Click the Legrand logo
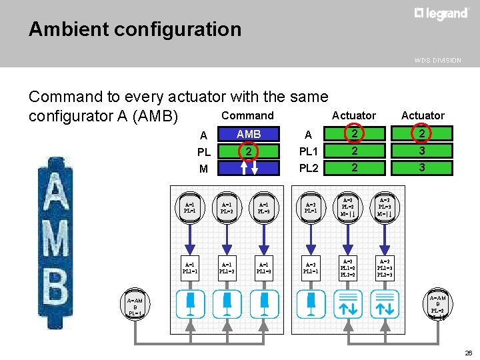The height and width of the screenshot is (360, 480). tap(441, 14)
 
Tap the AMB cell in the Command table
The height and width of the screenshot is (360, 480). tap(248, 134)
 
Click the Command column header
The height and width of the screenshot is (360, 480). tap(247, 115)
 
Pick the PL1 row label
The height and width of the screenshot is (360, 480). tap(309, 151)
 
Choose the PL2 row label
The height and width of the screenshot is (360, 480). tap(309, 168)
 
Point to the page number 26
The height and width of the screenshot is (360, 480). tap(469, 353)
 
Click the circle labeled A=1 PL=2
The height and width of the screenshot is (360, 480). tap(227, 208)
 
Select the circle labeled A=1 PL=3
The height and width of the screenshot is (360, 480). tap(265, 208)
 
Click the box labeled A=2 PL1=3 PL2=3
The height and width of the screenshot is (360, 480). tap(385, 267)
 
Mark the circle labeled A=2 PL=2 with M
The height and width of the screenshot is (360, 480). tap(347, 207)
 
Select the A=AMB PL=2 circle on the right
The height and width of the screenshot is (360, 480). tap(437, 306)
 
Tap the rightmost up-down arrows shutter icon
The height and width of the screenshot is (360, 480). tap(385, 304)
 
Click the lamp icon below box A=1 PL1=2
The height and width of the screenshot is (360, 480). tap(227, 304)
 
